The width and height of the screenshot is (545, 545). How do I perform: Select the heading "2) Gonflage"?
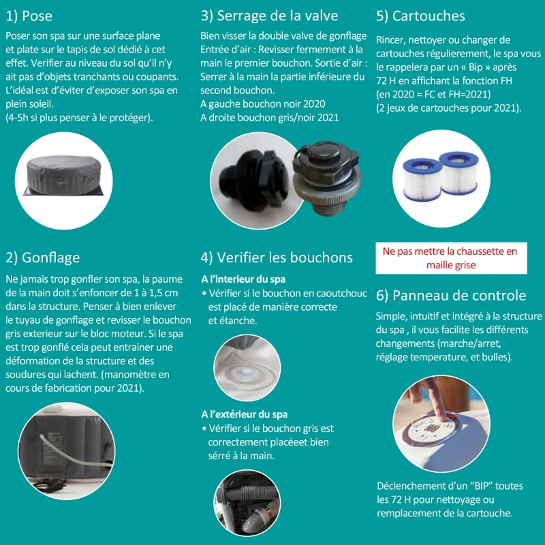pyautogui.click(x=42, y=258)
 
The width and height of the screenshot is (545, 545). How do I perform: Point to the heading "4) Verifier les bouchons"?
pyautogui.click(x=277, y=258)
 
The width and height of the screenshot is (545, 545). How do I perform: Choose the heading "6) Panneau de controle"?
pyautogui.click(x=450, y=296)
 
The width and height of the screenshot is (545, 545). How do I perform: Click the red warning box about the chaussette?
pyautogui.click(x=450, y=258)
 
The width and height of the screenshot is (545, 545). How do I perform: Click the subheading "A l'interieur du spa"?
pyautogui.click(x=243, y=279)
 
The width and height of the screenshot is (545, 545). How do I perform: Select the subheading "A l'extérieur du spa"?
pyautogui.click(x=245, y=414)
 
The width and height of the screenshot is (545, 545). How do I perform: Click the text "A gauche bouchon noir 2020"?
pyautogui.click(x=262, y=104)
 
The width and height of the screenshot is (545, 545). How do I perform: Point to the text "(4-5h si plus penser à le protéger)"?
pyautogui.click(x=79, y=116)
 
